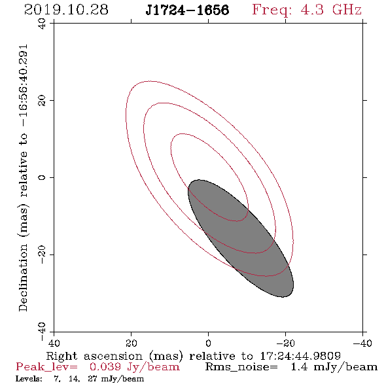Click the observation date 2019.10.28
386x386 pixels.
click(x=66, y=10)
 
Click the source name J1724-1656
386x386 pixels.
click(x=187, y=10)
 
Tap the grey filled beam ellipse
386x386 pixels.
click(x=241, y=238)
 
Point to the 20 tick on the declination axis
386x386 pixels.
click(x=42, y=101)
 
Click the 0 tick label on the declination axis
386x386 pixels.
click(x=42, y=177)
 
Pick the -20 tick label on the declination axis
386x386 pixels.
click(x=42, y=254)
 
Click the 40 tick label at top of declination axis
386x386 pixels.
click(x=42, y=24)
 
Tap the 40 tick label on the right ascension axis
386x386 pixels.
click(x=54, y=343)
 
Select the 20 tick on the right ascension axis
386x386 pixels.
click(x=131, y=343)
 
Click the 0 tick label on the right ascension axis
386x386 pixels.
click(x=208, y=343)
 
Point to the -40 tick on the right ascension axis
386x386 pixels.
click(x=362, y=343)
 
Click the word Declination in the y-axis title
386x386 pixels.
click(x=23, y=277)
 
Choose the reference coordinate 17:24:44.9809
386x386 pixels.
click(x=300, y=356)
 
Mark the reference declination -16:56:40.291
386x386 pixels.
click(x=24, y=86)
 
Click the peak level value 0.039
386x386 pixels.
click(x=105, y=367)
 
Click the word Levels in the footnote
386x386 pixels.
click(x=29, y=379)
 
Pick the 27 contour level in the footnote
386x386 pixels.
click(x=92, y=379)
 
